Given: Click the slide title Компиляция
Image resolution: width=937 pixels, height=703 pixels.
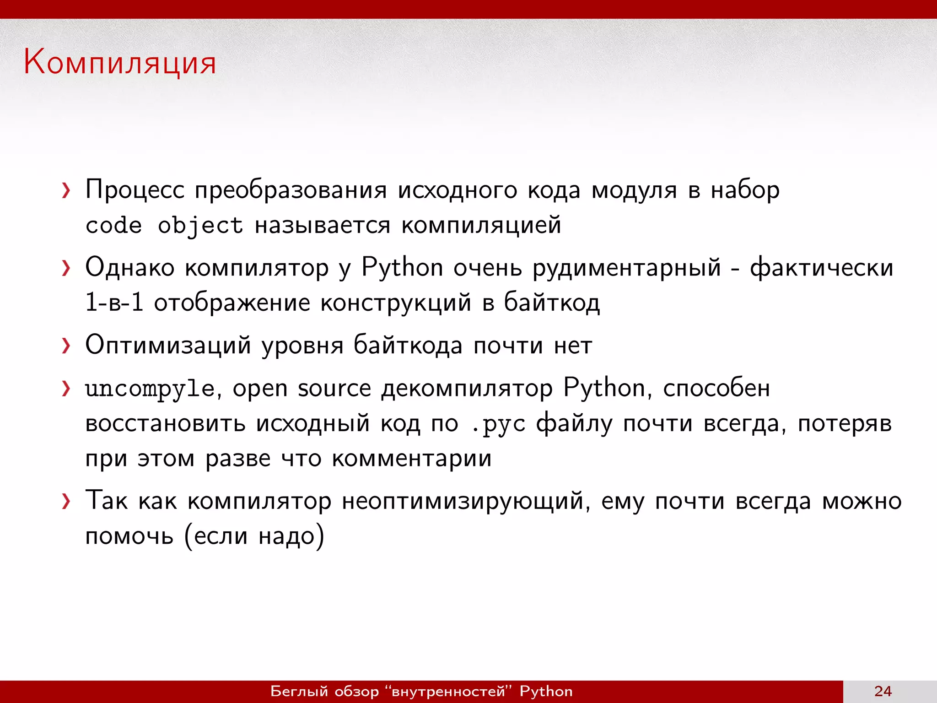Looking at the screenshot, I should coord(120,62).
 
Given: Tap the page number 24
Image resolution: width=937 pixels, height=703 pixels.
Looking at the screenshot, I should coord(883,691).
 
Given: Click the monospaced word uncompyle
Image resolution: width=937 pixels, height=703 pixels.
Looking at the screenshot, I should coord(149,389).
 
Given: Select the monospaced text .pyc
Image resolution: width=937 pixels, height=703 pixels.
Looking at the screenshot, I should coord(498,424).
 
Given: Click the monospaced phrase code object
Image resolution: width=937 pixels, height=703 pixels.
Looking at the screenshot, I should coord(164,226).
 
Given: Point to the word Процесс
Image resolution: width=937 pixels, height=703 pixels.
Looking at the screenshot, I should coord(135,189).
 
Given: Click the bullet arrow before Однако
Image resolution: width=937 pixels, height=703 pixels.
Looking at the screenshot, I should coord(66,268).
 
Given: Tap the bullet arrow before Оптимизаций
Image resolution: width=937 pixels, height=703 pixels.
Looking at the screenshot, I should coord(66,346).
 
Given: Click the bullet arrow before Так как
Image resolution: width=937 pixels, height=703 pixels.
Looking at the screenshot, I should coord(66,502).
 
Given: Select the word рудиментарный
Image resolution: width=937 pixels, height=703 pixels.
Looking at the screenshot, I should coord(627,268).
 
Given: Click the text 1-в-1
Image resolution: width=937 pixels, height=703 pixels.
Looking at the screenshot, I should coord(114,303).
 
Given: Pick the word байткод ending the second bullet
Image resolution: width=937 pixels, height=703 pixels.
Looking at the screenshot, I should coord(552,303).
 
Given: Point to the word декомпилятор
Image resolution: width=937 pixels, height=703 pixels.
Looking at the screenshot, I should coord(467,389).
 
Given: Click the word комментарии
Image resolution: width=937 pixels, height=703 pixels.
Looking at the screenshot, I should coord(412,459).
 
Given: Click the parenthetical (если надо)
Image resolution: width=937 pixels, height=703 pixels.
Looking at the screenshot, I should coord(254,536).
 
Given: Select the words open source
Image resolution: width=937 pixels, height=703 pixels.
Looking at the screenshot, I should coord(302,389).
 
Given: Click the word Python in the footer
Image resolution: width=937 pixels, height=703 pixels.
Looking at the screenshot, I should coord(546,691).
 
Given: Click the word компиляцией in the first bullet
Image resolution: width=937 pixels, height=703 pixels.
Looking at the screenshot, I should coord(481,226).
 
